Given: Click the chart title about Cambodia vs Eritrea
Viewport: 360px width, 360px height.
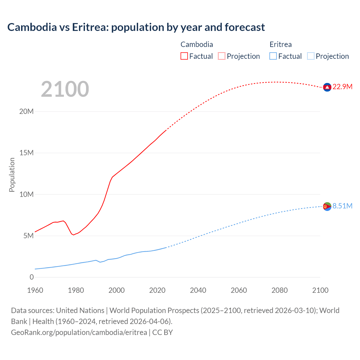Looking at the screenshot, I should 136,27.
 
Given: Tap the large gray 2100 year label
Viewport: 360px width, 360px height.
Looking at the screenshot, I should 65,89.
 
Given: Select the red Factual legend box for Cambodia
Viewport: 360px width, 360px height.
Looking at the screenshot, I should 184,56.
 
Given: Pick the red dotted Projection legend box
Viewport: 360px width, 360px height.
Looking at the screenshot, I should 222,56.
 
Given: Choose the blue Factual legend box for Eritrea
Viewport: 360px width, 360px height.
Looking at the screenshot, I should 273,56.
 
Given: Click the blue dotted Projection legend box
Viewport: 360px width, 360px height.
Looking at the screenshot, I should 311,56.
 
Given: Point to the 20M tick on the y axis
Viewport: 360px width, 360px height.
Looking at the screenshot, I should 26,111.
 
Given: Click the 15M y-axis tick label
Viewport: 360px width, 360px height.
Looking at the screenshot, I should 26,153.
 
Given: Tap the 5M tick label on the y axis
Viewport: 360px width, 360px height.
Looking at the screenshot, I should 28,236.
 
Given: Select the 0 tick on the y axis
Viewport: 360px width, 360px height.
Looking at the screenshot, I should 31,277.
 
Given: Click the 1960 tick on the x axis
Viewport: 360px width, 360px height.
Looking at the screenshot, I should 35,290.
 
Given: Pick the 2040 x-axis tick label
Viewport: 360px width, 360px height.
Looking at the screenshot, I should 198,290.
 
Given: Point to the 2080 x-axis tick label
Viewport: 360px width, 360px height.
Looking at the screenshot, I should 280,290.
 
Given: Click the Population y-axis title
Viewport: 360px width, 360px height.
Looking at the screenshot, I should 12,175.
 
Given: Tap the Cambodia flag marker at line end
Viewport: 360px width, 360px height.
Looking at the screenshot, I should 327,87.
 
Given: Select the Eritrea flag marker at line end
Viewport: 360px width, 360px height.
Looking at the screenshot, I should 327,206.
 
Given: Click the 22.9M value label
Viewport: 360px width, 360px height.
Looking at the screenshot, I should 342,87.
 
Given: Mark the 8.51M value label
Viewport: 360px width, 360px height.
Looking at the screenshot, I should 342,206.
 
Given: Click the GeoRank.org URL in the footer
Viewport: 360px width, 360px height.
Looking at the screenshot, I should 79,332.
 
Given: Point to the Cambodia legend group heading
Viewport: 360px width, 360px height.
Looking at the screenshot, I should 197,44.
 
